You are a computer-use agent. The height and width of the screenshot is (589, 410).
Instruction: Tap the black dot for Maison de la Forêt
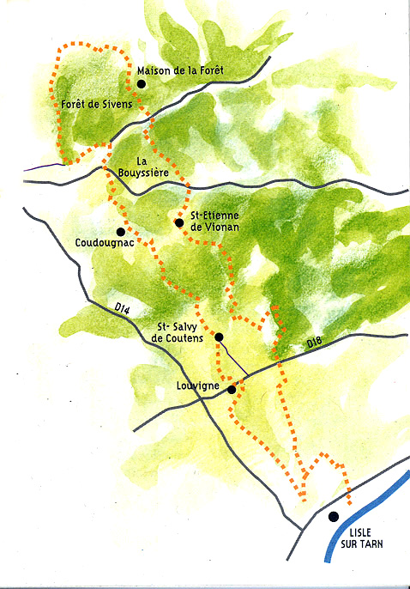click(x=142, y=83)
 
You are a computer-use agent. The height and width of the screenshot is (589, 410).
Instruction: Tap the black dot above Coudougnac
click(x=121, y=231)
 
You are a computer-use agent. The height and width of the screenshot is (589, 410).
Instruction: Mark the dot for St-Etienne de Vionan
click(x=178, y=223)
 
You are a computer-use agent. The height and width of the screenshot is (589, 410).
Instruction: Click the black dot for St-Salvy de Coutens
click(x=219, y=337)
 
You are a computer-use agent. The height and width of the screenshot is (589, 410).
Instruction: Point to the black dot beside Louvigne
click(x=232, y=389)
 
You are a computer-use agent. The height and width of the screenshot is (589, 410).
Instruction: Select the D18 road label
click(x=317, y=343)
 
